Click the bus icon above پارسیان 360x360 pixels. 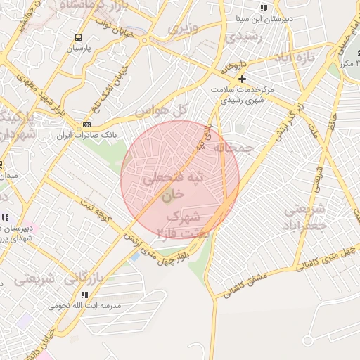[x=77, y=37]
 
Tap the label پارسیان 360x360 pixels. [x=79, y=49]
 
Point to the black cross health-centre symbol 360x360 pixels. [x=242, y=78]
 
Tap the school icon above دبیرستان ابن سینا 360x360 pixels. [x=264, y=8]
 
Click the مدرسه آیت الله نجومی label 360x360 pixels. [x=84, y=306]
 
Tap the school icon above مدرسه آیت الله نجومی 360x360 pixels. [x=84, y=295]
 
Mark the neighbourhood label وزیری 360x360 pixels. [x=184, y=30]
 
